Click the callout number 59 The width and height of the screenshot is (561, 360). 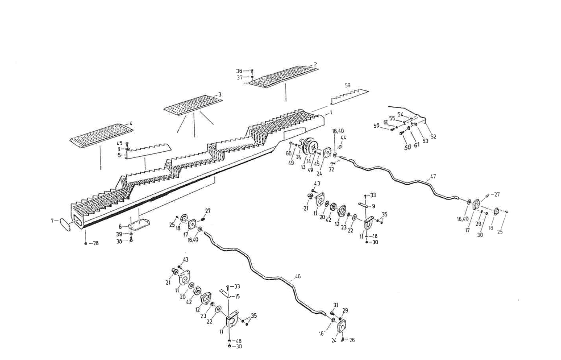(347, 85)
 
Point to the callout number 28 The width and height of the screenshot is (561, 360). (95, 243)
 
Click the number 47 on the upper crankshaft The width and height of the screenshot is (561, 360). (433, 177)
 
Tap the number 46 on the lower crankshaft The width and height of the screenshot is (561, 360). (297, 277)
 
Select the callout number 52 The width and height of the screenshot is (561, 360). (434, 136)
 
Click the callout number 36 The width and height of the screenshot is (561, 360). (239, 71)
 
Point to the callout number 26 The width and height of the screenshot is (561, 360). (352, 340)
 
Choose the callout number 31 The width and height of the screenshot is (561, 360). (336, 306)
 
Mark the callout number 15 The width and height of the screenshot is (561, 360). (237, 296)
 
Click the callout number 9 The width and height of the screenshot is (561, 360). (373, 206)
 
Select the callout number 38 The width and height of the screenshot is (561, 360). (119, 242)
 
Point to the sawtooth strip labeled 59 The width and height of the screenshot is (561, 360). (349, 95)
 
